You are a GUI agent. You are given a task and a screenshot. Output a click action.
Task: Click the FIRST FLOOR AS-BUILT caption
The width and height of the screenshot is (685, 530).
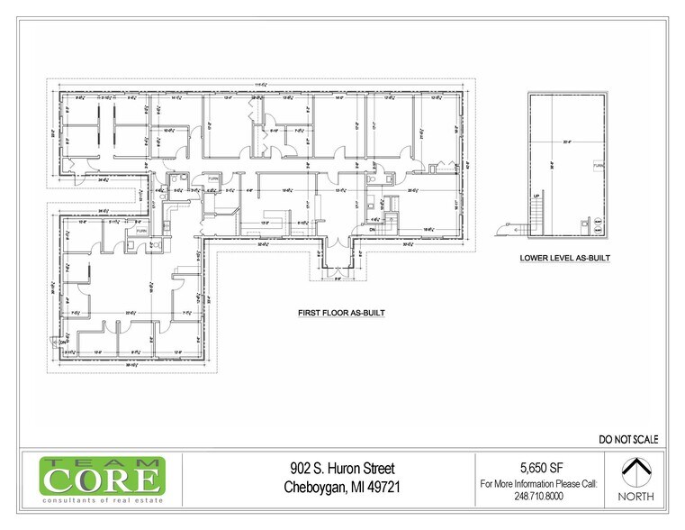pyautogui.click(x=342, y=314)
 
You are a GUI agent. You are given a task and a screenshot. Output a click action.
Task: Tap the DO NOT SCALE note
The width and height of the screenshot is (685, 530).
pyautogui.click(x=628, y=440)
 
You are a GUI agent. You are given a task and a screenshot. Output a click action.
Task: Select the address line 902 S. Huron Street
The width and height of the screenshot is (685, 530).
pyautogui.click(x=342, y=469)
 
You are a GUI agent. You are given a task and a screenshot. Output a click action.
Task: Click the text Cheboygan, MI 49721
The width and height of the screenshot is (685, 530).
pyautogui.click(x=342, y=488)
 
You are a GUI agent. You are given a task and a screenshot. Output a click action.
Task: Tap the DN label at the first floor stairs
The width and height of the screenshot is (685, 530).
pyautogui.click(x=371, y=229)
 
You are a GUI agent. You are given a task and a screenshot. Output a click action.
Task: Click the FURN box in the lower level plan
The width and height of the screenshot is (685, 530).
pyautogui.click(x=597, y=167)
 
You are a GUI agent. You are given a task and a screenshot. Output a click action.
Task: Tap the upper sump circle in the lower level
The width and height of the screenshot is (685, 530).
pyautogui.click(x=597, y=220)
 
